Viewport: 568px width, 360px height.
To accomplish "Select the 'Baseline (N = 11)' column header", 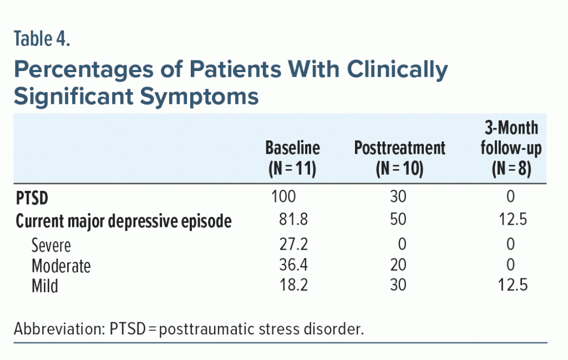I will (x=292, y=159).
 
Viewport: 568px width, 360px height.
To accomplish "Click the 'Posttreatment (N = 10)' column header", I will (x=399, y=159).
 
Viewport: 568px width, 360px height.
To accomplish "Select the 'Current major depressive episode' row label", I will (x=123, y=221).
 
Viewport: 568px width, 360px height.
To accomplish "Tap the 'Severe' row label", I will (x=51, y=245).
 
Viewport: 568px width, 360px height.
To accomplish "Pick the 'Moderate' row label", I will (x=61, y=266).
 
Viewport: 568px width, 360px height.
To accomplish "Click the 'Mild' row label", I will (x=45, y=286).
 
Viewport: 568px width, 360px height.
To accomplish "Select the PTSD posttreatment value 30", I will (x=398, y=197).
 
